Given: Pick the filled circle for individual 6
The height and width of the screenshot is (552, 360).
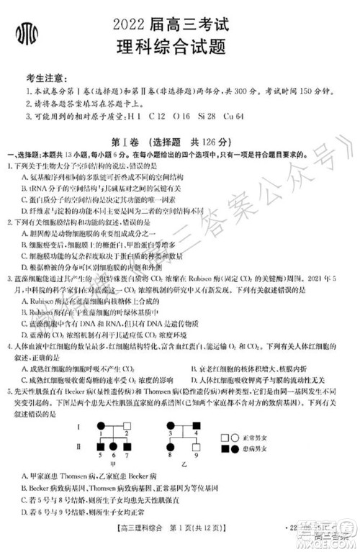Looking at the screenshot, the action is (x=114, y=445).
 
